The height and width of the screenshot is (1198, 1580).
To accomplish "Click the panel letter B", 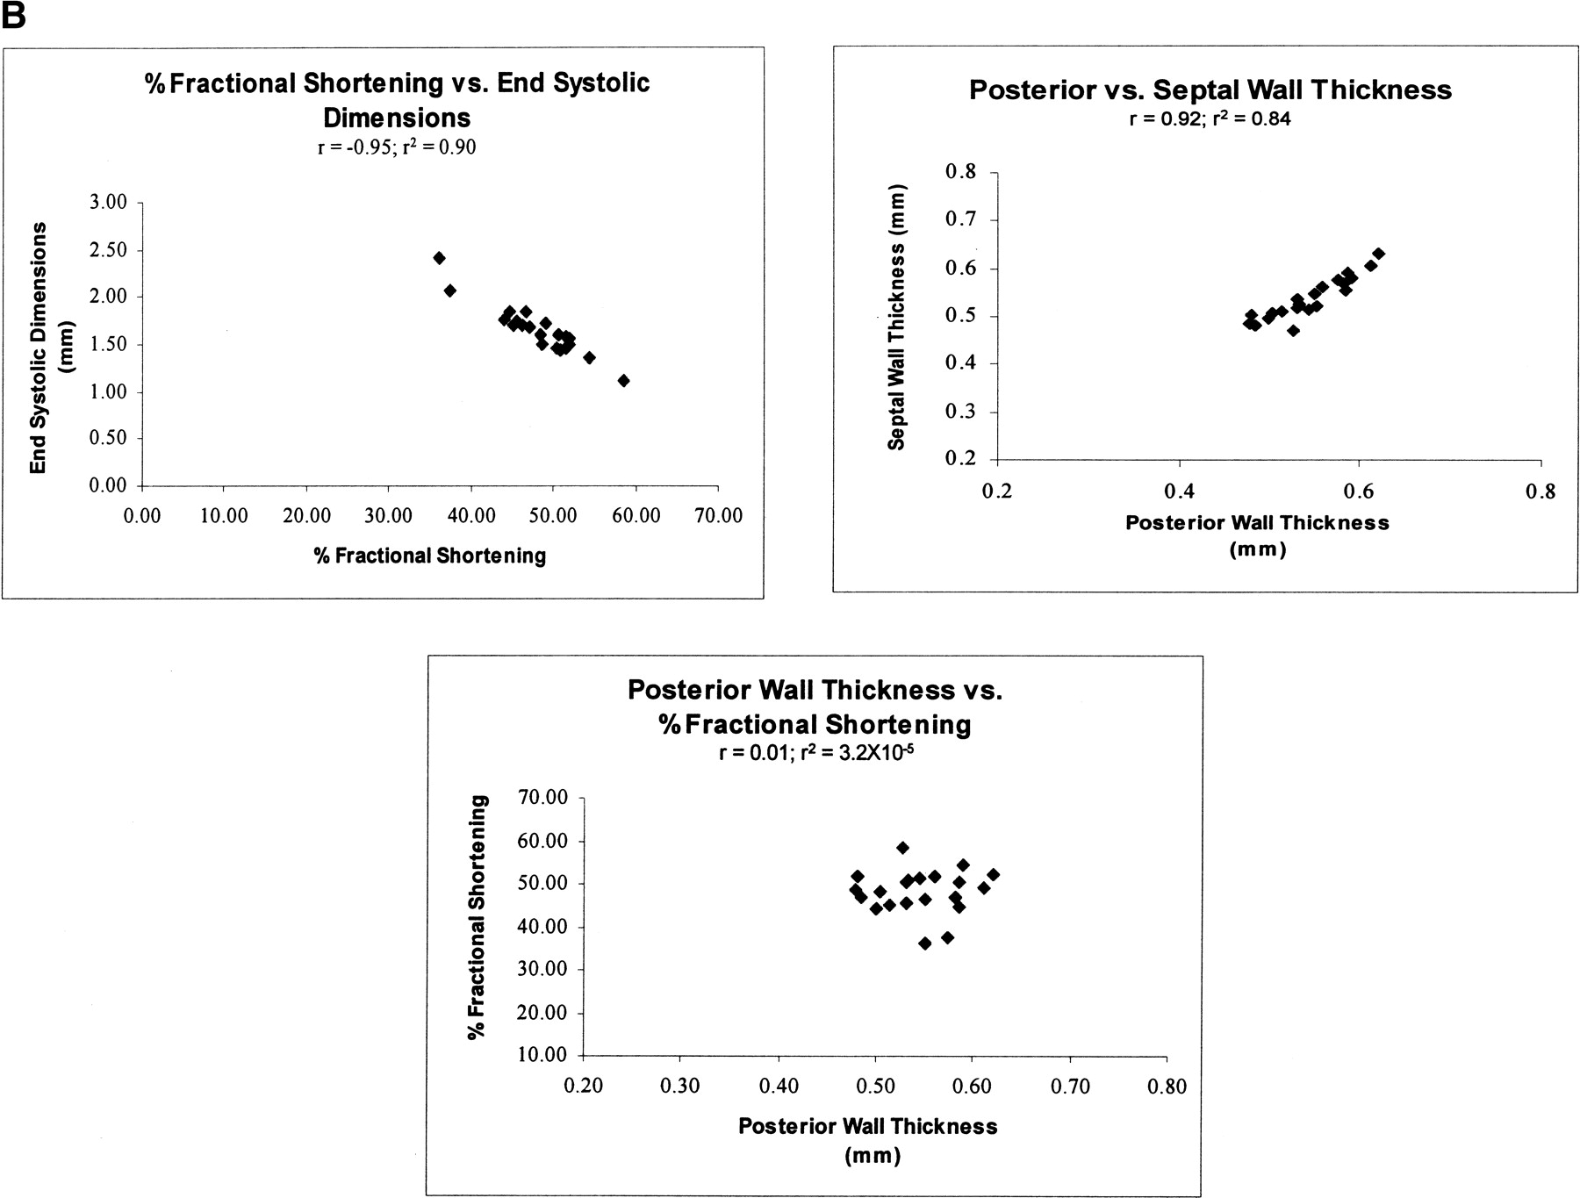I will tap(13, 15).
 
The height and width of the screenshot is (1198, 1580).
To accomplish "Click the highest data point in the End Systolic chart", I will tap(439, 258).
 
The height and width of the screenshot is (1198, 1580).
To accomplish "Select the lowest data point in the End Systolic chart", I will tap(623, 380).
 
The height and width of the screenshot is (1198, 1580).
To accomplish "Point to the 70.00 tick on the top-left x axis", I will tap(719, 515).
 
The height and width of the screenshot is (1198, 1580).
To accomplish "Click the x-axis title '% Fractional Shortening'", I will tap(430, 556).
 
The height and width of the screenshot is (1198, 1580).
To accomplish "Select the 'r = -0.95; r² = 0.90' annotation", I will tap(397, 147).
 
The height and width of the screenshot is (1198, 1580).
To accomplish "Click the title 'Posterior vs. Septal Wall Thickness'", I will tap(1210, 90).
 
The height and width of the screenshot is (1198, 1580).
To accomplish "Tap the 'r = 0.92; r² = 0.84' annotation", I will tap(1210, 118).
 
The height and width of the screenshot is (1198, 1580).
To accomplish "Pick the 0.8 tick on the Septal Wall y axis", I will tap(960, 171).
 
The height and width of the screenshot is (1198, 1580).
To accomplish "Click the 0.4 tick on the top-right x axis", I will tap(1178, 491).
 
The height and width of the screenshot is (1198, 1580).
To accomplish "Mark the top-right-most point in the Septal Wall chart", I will tap(1378, 254).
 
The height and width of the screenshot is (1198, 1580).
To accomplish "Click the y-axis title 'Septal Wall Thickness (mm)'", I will tap(896, 316).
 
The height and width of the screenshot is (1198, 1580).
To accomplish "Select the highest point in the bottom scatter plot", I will tap(902, 848).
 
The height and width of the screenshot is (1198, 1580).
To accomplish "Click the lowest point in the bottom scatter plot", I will tap(924, 943).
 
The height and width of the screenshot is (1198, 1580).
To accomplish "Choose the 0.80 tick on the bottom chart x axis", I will tap(1167, 1087).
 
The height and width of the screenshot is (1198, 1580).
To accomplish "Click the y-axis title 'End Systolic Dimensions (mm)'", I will tap(51, 348).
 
